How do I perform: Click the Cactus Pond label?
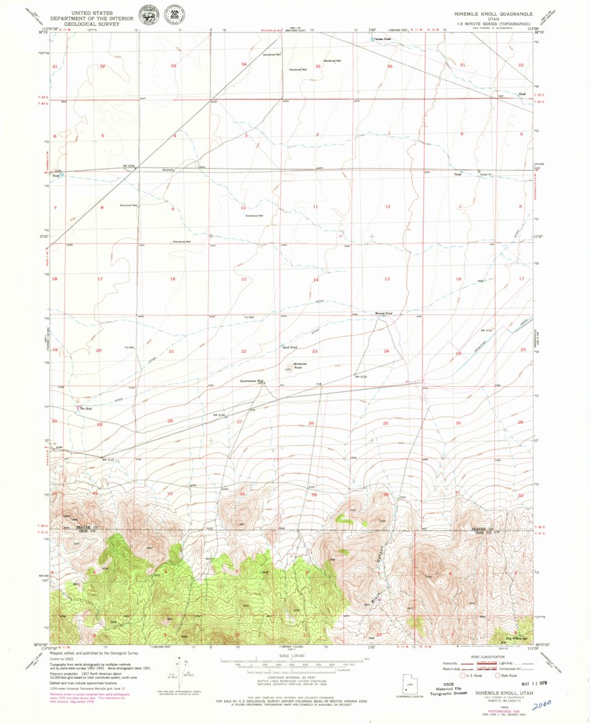(x=383, y=39)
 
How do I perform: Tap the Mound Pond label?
(x=384, y=314)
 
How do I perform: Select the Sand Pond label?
(x=290, y=347)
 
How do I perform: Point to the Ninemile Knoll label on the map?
(x=300, y=366)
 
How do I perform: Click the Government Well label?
(x=251, y=381)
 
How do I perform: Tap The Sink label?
(x=85, y=409)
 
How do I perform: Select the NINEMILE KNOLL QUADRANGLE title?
(x=494, y=13)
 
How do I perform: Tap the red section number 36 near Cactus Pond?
(x=389, y=67)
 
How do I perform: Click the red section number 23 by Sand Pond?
(x=315, y=351)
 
